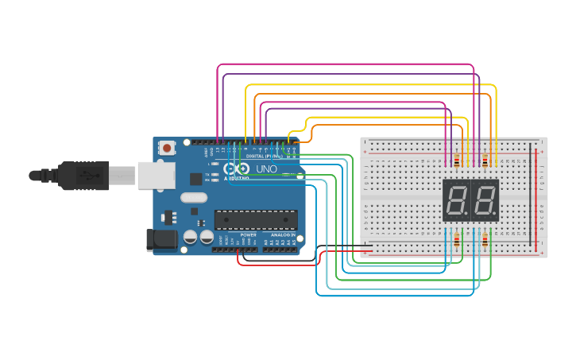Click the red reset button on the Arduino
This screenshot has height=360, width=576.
pyautogui.click(x=167, y=148)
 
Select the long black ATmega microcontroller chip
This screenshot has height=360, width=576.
pyautogui.click(x=256, y=219)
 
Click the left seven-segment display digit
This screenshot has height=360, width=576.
pyautogui.click(x=457, y=199)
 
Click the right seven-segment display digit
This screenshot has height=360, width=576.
pyautogui.click(x=485, y=199)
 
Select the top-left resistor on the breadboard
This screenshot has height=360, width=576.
pyautogui.click(x=456, y=161)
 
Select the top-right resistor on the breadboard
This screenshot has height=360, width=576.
pyautogui.click(x=485, y=161)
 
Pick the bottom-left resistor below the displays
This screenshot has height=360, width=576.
pyautogui.click(x=456, y=240)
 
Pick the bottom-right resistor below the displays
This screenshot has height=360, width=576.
pyautogui.click(x=485, y=240)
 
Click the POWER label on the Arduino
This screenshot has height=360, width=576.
pyautogui.click(x=249, y=235)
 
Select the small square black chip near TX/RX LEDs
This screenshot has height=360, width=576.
pyautogui.click(x=195, y=180)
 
